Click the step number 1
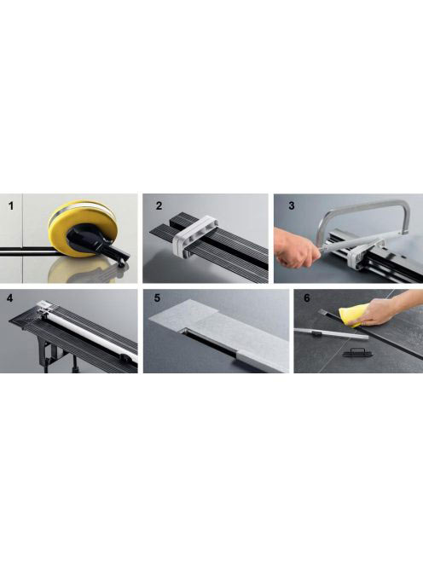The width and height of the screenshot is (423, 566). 11,206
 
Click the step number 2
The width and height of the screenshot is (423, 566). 159,205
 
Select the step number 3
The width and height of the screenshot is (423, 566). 292,205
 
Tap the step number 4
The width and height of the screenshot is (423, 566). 9,298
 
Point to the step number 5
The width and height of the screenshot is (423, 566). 157,298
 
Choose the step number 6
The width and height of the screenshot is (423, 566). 307,298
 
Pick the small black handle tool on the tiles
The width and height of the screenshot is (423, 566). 352,352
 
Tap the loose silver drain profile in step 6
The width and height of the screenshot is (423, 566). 331,334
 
